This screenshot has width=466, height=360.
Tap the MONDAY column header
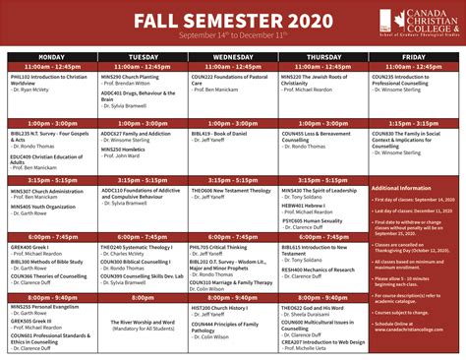click(52, 56)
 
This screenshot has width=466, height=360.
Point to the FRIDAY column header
click(413, 56)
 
